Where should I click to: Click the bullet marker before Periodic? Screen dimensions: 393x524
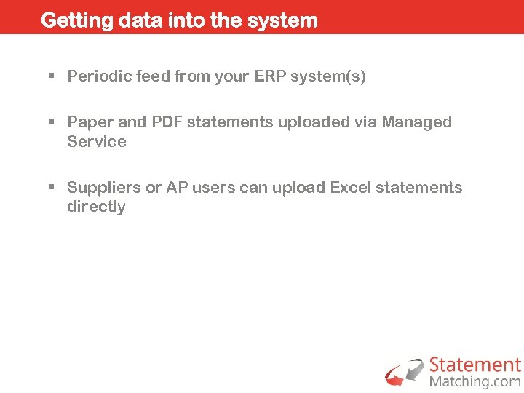[52, 76]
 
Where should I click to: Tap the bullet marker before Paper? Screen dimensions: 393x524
[52, 122]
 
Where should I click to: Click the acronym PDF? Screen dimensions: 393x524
[167, 122]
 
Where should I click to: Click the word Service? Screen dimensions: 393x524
[96, 142]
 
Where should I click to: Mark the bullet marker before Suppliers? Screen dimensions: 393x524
[52, 188]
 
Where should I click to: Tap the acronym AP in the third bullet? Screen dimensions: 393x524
[176, 188]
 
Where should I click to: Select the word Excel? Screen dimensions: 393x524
[351, 188]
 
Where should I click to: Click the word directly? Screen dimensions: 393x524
[96, 207]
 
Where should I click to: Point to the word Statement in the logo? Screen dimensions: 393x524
[475, 365]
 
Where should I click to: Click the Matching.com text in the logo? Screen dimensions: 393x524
[475, 381]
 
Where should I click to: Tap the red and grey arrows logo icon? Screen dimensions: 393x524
[405, 372]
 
